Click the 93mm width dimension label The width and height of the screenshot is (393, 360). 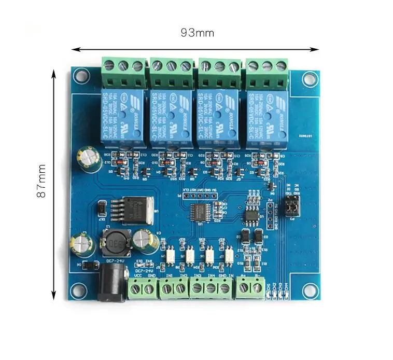tap(197, 33)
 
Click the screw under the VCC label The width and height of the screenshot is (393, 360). tap(137, 288)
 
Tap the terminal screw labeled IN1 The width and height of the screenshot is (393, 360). tap(167, 288)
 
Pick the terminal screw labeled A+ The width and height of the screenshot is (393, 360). tap(244, 287)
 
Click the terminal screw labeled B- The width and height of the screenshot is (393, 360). tap(257, 287)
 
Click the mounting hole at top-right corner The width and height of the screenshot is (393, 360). tap(310, 79)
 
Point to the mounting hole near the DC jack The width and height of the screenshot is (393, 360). tap(79, 290)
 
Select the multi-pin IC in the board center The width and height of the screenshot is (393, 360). tap(201, 212)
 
